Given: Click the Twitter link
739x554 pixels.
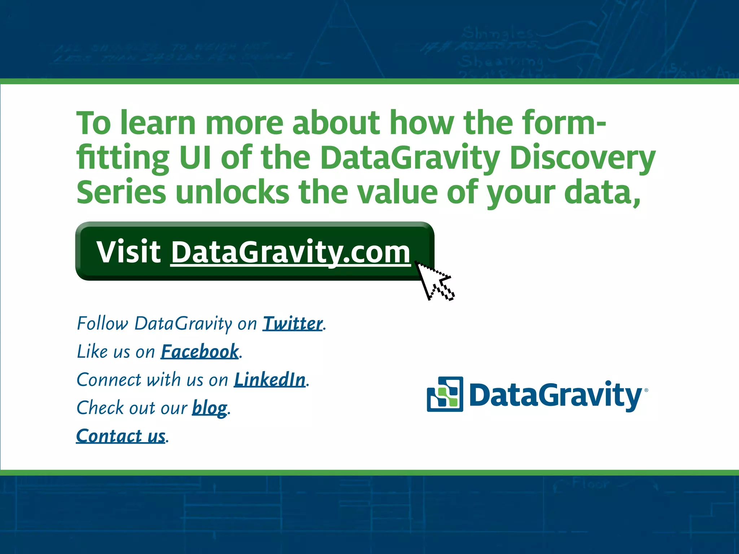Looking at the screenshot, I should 292,324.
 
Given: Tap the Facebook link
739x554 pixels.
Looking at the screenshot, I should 200,352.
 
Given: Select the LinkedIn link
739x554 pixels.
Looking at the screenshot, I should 270,380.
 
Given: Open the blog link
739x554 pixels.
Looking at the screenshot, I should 209,408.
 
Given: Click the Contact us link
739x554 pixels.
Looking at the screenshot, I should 121,436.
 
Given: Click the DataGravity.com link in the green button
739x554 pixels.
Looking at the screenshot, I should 290,252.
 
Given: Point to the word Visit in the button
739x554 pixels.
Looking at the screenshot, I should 128,251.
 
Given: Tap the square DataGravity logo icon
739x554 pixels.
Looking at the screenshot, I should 445,394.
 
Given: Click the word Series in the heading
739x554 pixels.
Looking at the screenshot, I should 121,193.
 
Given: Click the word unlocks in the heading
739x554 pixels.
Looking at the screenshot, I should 232,193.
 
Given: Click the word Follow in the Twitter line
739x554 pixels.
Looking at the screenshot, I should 102,324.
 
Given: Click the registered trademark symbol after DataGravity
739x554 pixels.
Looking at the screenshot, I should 646,390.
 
